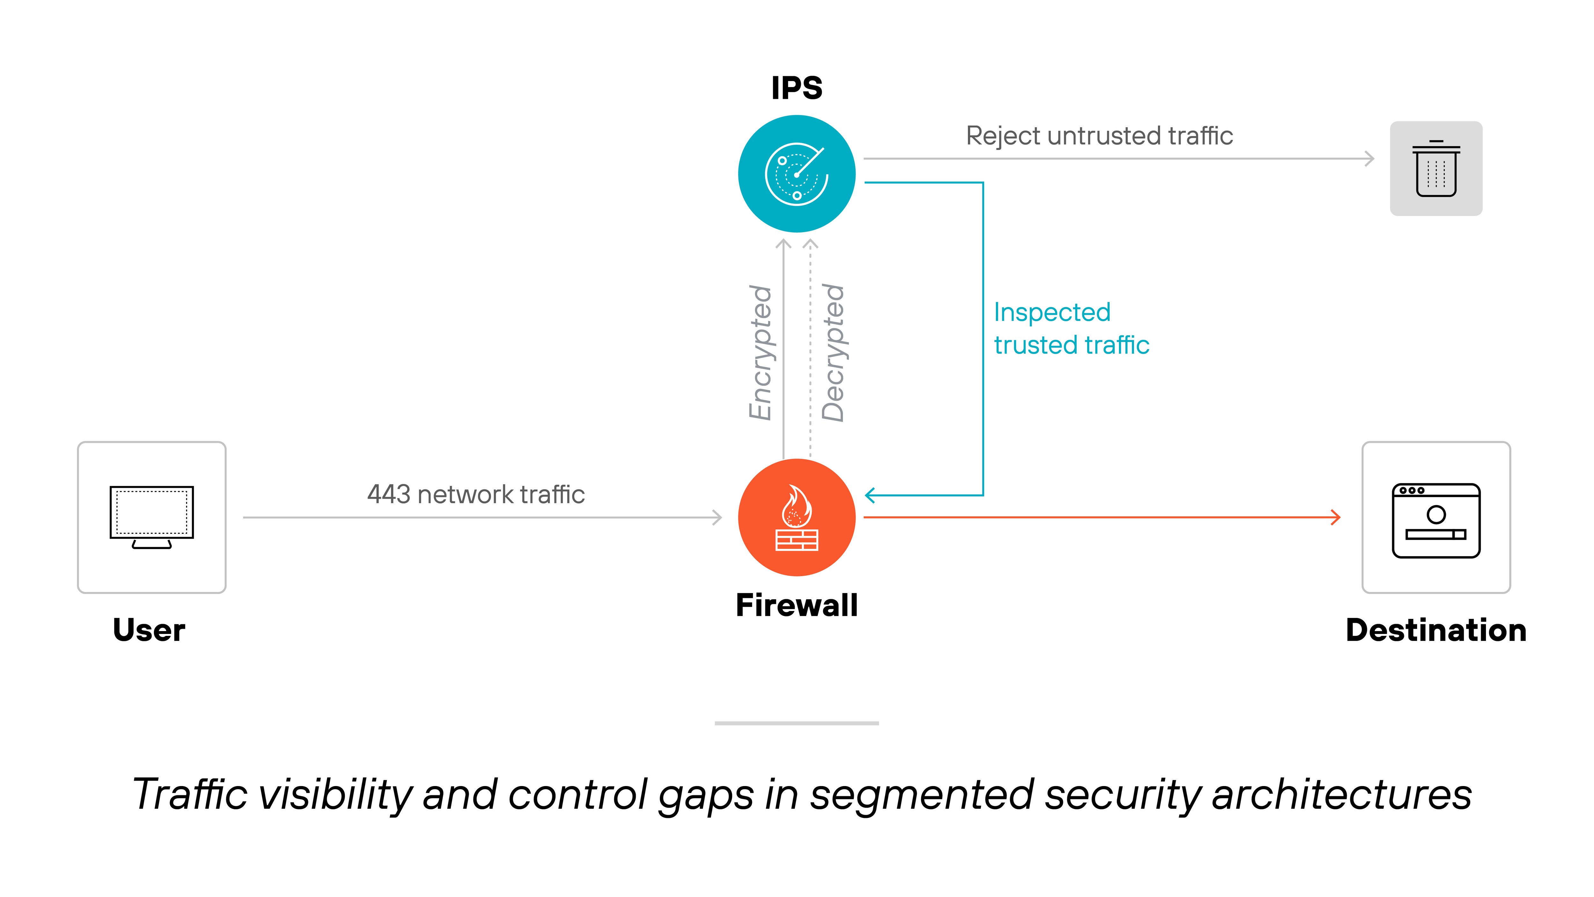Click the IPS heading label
point(796,88)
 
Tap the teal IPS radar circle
point(796,174)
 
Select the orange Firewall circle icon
point(796,518)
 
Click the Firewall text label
point(796,605)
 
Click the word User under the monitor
point(149,630)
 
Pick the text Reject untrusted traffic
point(1099,136)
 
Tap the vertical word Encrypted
point(760,353)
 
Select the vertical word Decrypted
point(833,353)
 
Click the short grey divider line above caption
point(796,723)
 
